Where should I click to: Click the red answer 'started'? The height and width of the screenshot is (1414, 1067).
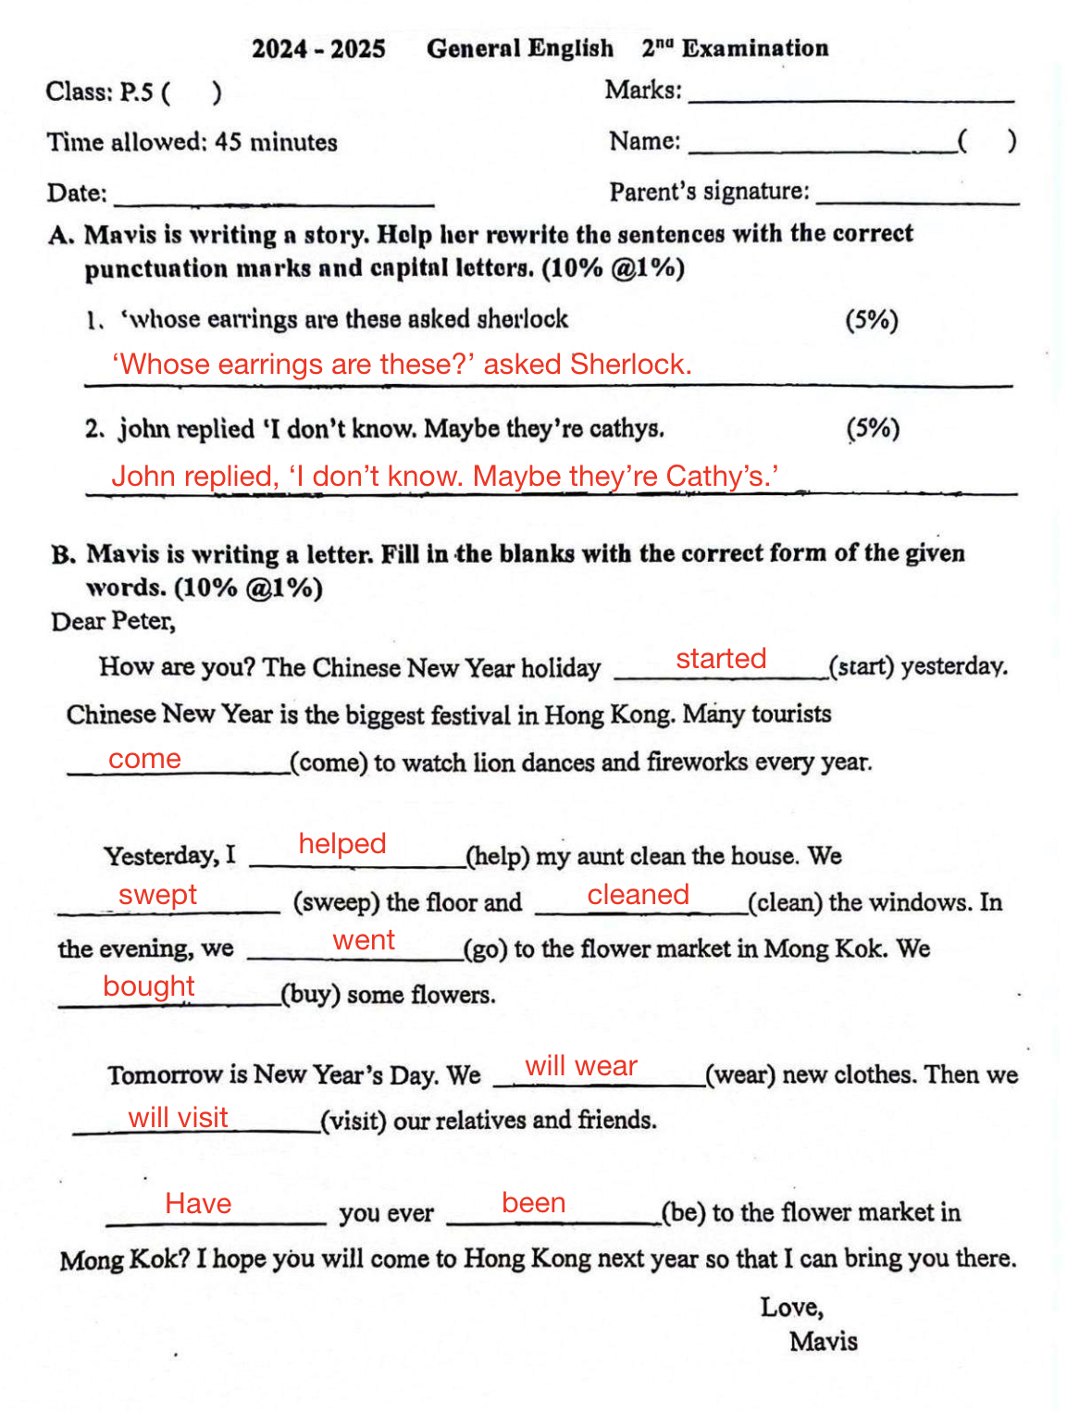pos(721,659)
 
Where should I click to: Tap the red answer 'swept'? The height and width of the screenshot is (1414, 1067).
pos(157,895)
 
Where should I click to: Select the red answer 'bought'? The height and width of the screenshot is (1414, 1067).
pos(149,986)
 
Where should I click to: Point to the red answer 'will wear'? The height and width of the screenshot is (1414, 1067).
pos(581,1066)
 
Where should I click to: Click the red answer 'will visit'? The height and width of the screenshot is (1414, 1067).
pos(178,1118)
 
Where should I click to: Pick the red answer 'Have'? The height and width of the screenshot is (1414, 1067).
pos(198,1204)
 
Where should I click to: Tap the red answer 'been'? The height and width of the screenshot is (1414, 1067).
pos(533,1203)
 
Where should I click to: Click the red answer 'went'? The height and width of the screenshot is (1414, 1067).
pos(364,940)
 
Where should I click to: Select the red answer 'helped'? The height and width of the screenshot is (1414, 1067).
pos(342,844)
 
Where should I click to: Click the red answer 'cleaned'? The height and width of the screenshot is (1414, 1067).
pos(639,895)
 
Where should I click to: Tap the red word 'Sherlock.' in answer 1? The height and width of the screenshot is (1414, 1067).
pos(631,365)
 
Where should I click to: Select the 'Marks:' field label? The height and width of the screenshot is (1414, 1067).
pos(643,91)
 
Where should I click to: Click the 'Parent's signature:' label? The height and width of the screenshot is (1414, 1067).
pos(709,192)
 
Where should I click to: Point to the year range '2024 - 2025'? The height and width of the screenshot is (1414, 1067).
pos(318,49)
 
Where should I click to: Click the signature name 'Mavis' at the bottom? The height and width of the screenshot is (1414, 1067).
pos(823,1342)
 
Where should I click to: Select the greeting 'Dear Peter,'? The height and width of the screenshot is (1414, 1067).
pos(113,621)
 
